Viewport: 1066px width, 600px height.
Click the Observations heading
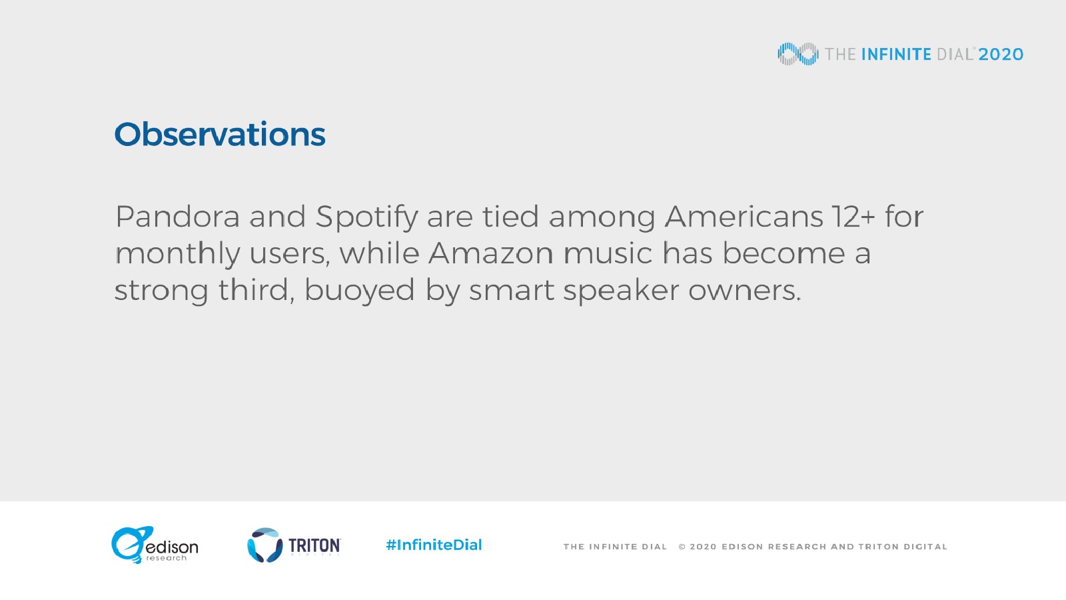point(220,134)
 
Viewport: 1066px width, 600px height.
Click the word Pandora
point(177,217)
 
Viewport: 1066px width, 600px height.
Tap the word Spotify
point(366,217)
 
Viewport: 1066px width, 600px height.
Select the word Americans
point(744,217)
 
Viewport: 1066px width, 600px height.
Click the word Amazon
point(490,253)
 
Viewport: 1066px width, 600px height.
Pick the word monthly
point(177,254)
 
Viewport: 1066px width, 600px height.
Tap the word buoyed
point(360,291)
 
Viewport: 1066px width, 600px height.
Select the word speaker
point(621,291)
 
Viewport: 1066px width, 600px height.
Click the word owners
point(745,291)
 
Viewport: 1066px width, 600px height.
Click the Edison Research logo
point(155,545)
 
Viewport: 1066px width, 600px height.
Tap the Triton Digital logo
point(294,545)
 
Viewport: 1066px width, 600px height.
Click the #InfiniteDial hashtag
point(434,545)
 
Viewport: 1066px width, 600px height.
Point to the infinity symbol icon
point(798,54)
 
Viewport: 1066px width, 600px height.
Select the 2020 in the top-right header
point(1001,54)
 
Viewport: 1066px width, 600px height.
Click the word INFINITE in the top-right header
point(896,54)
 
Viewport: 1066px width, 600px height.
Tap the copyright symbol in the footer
point(682,547)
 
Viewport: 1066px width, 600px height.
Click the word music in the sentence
point(608,253)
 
